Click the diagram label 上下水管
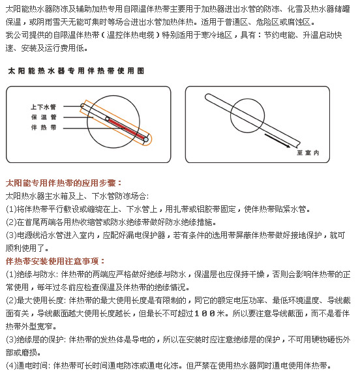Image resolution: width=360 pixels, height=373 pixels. pyautogui.click(x=43, y=107)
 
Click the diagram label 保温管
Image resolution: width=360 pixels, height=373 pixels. pyautogui.click(x=44, y=117)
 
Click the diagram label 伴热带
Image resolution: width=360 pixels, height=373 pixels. pyautogui.click(x=44, y=128)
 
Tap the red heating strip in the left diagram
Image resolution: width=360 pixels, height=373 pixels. pyautogui.click(x=126, y=128)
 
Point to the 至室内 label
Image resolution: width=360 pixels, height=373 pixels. pyautogui.click(x=308, y=153)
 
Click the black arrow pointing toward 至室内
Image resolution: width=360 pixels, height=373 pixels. pyautogui.click(x=277, y=141)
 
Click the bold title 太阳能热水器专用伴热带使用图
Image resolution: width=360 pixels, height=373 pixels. pyautogui.click(x=76, y=70)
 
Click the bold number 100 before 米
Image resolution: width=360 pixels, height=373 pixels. pyautogui.click(x=205, y=313)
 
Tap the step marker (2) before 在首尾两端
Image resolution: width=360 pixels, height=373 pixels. pyautogui.click(x=11, y=222)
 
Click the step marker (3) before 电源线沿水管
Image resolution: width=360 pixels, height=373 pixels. pyautogui.click(x=11, y=235)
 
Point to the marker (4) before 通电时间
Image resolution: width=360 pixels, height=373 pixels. pyautogui.click(x=11, y=365)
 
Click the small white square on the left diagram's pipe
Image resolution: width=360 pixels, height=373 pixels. pyautogui.click(x=107, y=119)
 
